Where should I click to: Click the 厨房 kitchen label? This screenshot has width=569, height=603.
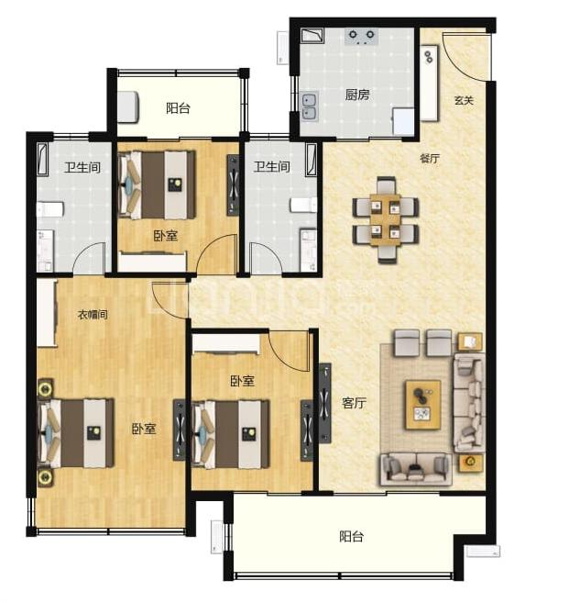[356, 95]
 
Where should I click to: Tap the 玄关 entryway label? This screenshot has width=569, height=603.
[464, 100]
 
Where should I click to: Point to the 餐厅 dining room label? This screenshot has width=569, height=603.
[430, 158]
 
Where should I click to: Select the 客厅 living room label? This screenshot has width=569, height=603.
[354, 403]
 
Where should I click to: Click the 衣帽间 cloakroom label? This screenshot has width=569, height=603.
[93, 315]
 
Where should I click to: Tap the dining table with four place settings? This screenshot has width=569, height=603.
[386, 219]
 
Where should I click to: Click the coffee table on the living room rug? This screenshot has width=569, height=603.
[422, 405]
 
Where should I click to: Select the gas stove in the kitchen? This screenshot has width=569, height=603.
[361, 37]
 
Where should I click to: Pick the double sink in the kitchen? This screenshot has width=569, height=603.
[309, 106]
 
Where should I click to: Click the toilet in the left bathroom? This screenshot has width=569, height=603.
[49, 210]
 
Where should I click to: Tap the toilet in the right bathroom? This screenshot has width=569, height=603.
[303, 205]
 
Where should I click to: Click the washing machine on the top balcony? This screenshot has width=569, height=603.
[127, 107]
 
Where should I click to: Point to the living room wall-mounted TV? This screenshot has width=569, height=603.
[324, 404]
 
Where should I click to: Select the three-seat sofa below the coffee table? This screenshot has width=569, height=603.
[416, 470]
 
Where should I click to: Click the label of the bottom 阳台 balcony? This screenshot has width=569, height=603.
[351, 537]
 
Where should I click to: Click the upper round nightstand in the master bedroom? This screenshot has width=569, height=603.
[45, 389]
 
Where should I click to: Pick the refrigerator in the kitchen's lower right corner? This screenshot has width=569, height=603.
[403, 121]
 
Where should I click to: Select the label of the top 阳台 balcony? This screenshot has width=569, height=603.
[178, 108]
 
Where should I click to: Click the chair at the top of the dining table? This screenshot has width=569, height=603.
[386, 185]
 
